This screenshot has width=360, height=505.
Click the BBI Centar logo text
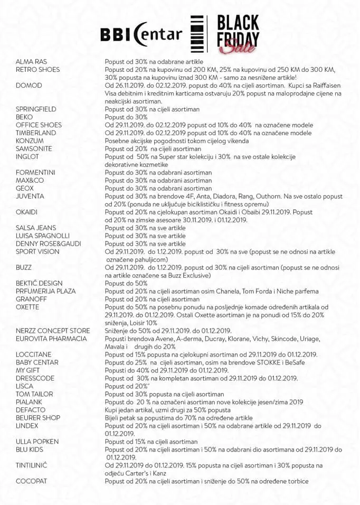(141, 34)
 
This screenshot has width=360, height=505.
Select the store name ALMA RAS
(31, 62)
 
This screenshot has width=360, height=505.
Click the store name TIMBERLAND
(36, 133)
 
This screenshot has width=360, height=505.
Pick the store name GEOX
(25, 189)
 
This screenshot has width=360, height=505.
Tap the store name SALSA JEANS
(36, 228)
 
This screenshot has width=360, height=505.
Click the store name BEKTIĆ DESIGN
(39, 283)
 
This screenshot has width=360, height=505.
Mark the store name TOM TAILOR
(34, 394)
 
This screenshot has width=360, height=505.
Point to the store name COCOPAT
(31, 481)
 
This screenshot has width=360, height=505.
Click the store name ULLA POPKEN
(37, 442)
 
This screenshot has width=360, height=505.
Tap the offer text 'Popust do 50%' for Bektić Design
(126, 283)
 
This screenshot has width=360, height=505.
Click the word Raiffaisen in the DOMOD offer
(322, 86)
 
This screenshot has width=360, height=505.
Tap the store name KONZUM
(30, 141)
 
